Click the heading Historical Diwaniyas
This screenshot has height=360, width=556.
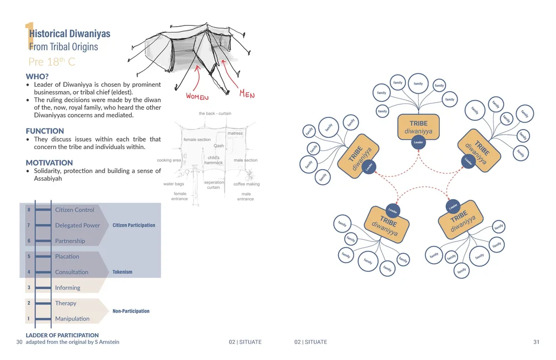pos(69,33)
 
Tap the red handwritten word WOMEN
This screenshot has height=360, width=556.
pos(197,96)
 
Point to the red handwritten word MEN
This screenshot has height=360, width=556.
pos(247,94)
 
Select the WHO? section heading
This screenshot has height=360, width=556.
pos(38,76)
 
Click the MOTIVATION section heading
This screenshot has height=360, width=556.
pos(49,162)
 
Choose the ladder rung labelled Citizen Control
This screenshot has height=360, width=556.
pos(75,210)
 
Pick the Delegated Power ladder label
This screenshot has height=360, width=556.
pos(77,225)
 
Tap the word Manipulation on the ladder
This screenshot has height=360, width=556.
pos(72,319)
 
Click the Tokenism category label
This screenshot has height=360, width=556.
pos(122,272)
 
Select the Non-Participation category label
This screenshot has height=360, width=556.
pos(131,311)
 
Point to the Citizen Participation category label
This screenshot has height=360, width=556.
pos(133,225)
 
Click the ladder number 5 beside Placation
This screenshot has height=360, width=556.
pos(29,257)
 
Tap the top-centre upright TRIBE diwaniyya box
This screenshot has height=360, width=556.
pos(419,127)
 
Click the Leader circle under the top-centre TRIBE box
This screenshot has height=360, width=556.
pos(419,142)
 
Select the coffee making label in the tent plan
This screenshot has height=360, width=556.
pos(246,184)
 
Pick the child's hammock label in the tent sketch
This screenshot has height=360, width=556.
pos(213,160)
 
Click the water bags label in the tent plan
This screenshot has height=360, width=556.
pos(173,184)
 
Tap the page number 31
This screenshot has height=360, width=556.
pos(536,342)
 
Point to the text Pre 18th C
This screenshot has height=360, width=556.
pos(52,61)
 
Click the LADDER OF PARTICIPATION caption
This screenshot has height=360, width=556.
pos(62,335)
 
